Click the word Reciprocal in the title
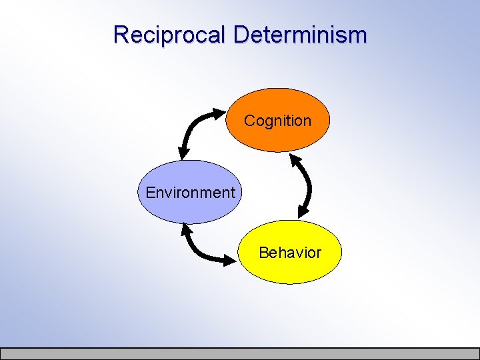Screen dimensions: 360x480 point(170,34)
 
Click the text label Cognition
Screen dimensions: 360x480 point(277,121)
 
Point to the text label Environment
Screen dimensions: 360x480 point(190,193)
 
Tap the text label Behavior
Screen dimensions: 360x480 point(289,253)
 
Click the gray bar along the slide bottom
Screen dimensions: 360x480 point(240,353)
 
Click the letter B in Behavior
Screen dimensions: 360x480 point(263,253)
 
